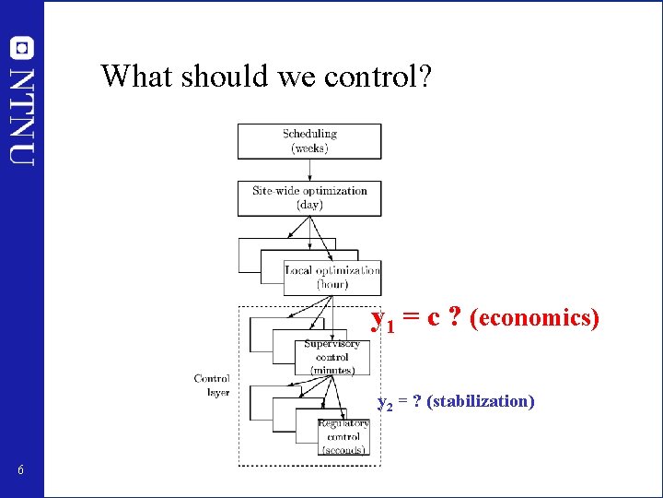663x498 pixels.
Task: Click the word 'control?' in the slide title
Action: [377, 76]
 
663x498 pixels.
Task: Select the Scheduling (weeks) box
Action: [309, 140]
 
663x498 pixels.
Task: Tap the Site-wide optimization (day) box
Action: [309, 197]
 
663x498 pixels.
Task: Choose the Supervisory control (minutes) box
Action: [331, 356]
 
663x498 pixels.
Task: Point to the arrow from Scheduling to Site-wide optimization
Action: [309, 169]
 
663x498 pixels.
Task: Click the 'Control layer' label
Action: [212, 385]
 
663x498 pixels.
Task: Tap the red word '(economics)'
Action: [535, 318]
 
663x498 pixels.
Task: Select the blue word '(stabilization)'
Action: [481, 401]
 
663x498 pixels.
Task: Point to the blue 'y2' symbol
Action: [386, 403]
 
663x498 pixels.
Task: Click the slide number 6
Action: [20, 471]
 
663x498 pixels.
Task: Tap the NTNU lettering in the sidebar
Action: [22, 114]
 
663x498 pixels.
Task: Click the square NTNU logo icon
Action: [22, 46]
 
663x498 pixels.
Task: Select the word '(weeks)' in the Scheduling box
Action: [309, 148]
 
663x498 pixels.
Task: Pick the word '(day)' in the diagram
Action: [309, 205]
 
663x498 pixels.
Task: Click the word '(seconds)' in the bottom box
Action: [343, 450]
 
